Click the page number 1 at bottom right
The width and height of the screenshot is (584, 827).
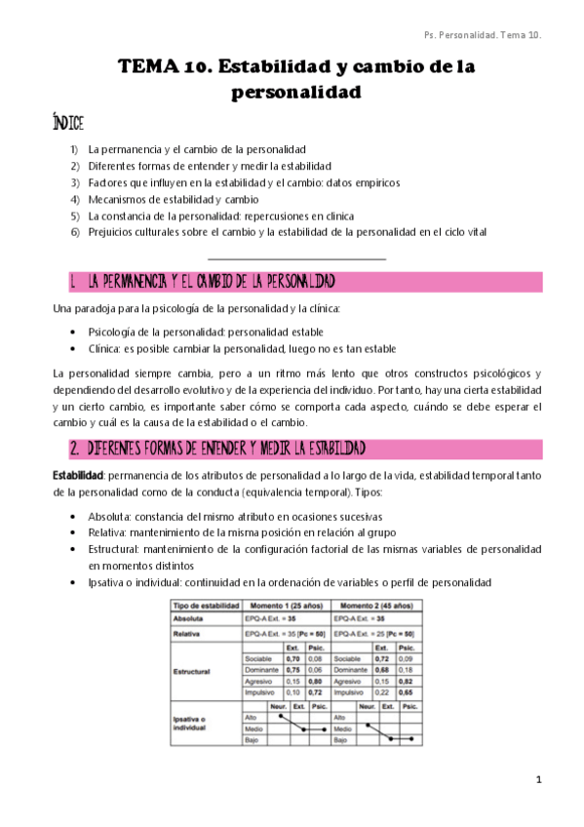pyautogui.click(x=537, y=781)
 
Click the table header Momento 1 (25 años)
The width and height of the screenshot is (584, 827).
pyautogui.click(x=287, y=606)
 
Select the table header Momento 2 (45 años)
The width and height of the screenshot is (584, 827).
pyautogui.click(x=379, y=606)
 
